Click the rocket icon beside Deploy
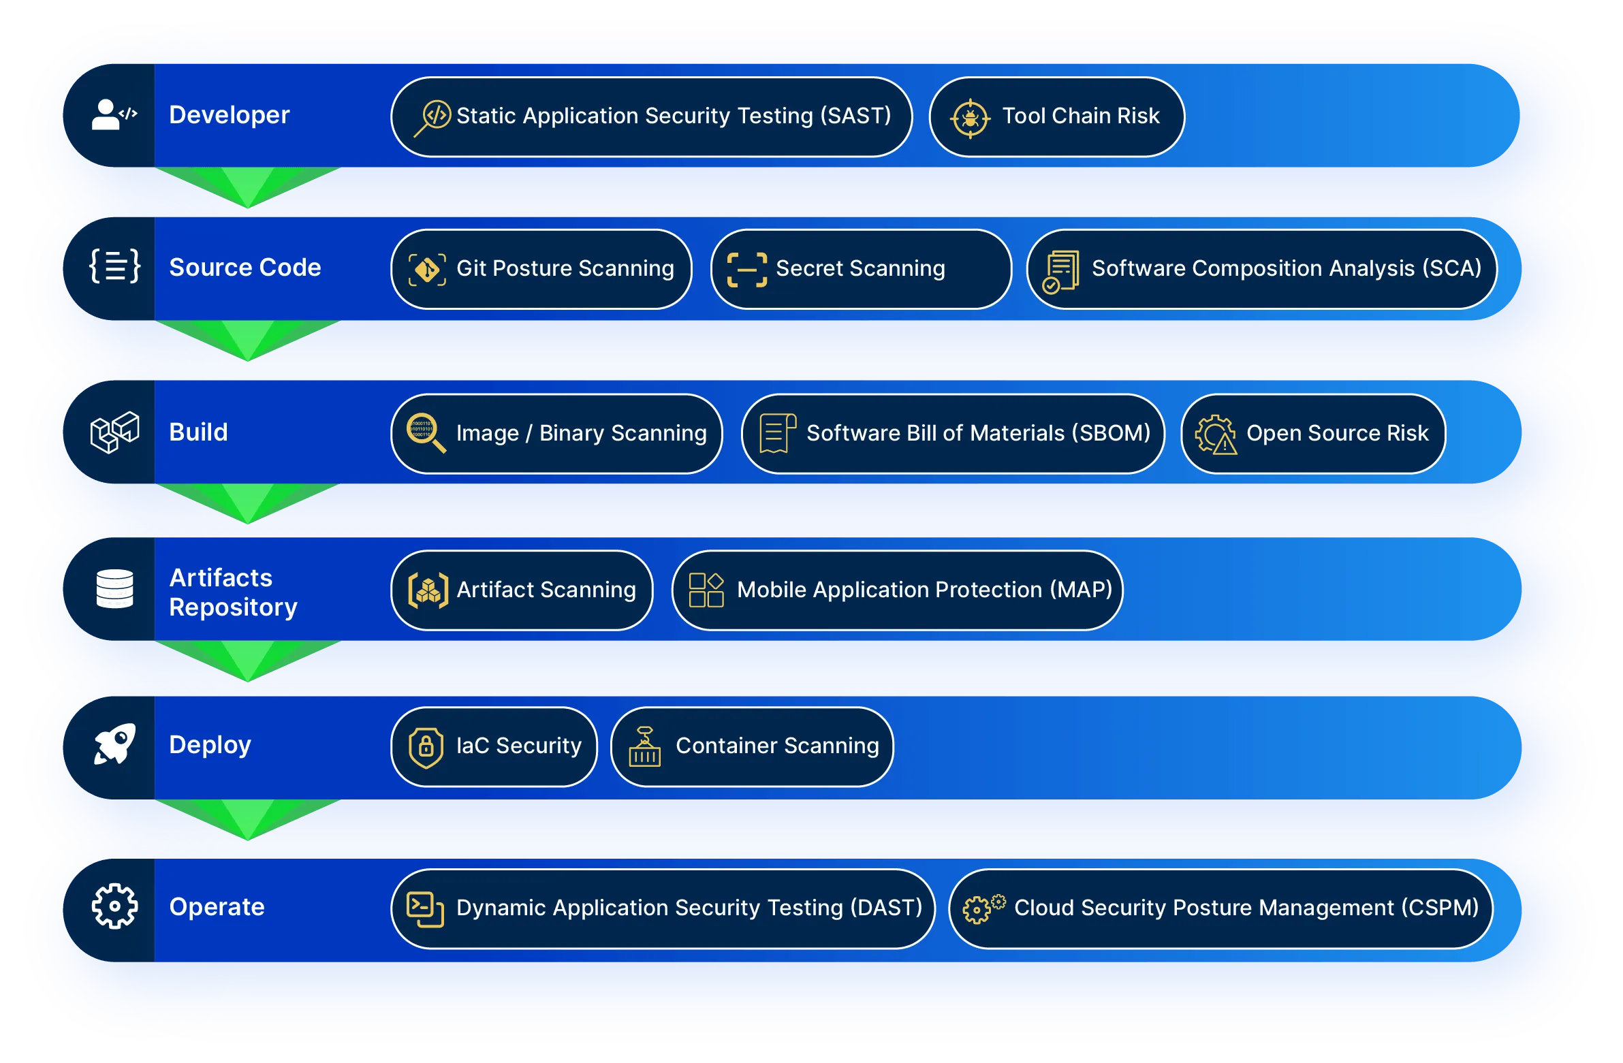115,744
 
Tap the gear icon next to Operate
115,906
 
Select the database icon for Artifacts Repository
115,588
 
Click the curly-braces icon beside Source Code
115,266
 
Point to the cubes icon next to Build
115,432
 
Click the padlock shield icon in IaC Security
426,747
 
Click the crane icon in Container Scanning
645,746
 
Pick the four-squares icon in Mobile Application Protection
706,590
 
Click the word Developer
230,114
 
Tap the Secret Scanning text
861,268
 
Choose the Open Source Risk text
1337,433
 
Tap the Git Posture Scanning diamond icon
427,270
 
